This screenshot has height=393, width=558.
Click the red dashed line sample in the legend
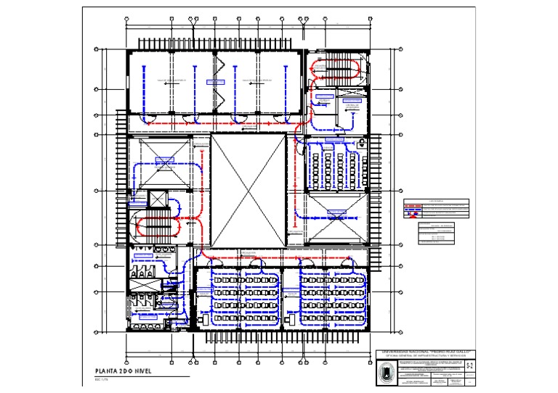411,206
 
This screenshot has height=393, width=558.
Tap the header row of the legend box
435,201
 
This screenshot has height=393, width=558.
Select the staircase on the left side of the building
152,226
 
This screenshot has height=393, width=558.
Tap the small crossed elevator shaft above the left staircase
158,199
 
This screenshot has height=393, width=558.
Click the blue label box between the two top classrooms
216,82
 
